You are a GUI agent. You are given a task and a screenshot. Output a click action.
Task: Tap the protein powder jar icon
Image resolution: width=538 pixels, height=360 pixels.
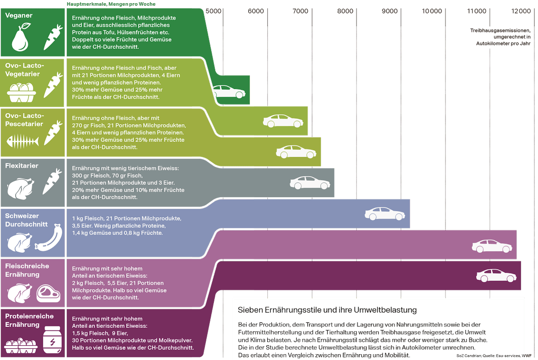[x=52, y=341]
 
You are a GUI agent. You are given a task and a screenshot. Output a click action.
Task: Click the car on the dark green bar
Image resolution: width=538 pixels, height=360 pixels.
[x=229, y=92]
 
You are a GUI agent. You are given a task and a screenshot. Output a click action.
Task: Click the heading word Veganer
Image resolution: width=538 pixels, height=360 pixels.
[x=19, y=16]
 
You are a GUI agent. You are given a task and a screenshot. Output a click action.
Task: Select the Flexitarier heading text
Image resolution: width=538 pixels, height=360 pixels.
[x=22, y=166]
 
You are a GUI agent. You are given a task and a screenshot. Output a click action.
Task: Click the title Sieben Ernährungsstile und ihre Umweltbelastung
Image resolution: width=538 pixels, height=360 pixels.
[x=327, y=310]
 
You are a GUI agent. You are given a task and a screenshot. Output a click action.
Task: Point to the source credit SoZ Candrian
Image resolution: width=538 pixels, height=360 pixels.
[x=468, y=355]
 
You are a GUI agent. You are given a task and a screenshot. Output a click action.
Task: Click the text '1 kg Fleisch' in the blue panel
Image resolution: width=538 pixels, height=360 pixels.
[x=87, y=218]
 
